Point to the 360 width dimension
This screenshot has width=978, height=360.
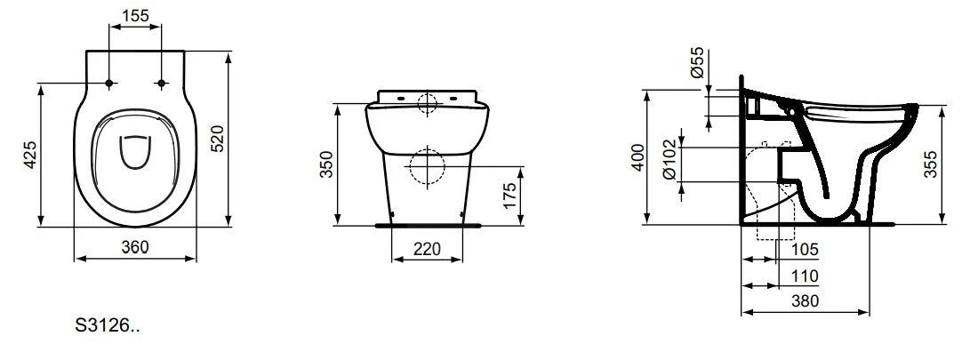click(x=135, y=246)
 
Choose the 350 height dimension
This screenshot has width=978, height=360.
click(x=326, y=164)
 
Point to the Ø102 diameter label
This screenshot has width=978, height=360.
click(x=670, y=162)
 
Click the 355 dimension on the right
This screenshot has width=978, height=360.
click(x=930, y=164)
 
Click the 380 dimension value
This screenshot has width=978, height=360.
click(x=805, y=301)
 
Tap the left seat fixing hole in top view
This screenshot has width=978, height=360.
click(x=109, y=84)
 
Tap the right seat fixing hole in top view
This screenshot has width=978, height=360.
click(x=161, y=84)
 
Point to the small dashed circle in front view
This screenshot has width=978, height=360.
click(x=427, y=105)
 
